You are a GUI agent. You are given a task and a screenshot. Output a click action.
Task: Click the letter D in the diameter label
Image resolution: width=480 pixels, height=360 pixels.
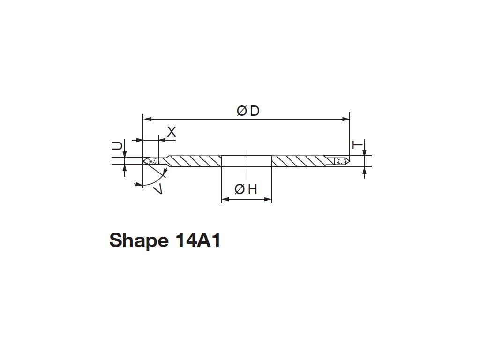pyautogui.click(x=255, y=111)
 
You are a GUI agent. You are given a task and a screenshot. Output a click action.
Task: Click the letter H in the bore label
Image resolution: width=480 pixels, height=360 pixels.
pyautogui.click(x=253, y=189)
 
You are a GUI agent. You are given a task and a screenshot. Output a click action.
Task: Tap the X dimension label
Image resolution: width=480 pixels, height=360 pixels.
pyautogui.click(x=172, y=133)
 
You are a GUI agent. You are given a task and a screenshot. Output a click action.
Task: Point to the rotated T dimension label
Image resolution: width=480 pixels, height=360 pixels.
pyautogui.click(x=357, y=145)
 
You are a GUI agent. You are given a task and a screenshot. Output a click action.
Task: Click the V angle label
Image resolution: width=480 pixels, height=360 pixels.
pyautogui.click(x=158, y=189)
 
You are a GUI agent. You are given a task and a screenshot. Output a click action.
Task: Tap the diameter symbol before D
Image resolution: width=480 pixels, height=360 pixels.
pyautogui.click(x=242, y=111)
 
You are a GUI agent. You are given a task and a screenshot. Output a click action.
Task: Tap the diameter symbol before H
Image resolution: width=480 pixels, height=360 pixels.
pyautogui.click(x=239, y=189)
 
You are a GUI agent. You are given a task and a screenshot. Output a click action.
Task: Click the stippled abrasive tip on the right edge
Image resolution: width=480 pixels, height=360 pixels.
pyautogui.click(x=341, y=161)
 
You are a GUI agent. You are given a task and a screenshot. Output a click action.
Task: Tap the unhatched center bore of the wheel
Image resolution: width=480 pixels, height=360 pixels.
pyautogui.click(x=247, y=161)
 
